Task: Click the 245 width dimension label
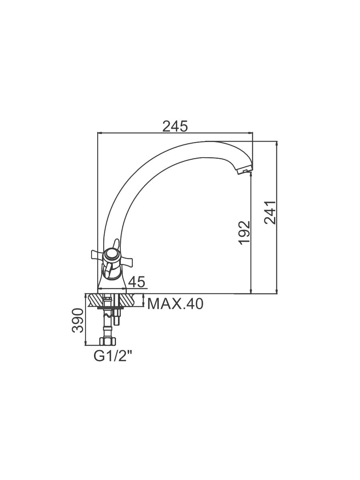[175, 126]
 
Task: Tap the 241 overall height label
[270, 212]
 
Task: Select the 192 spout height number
[244, 233]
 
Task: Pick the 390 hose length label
[78, 320]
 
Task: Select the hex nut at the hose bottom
[107, 341]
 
